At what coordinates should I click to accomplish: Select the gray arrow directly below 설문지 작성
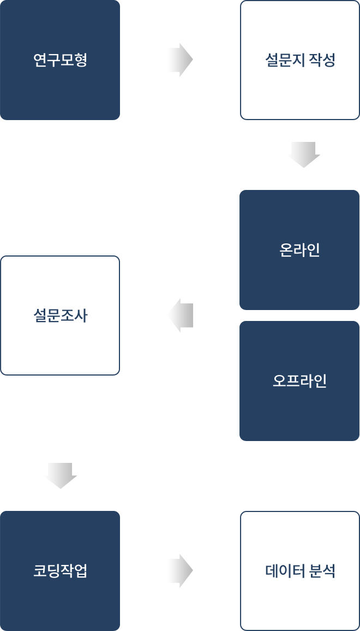tap(303, 155)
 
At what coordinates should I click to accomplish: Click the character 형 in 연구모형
tap(81, 60)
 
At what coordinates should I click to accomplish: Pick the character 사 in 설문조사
tap(81, 315)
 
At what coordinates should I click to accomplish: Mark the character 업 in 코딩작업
tap(81, 571)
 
